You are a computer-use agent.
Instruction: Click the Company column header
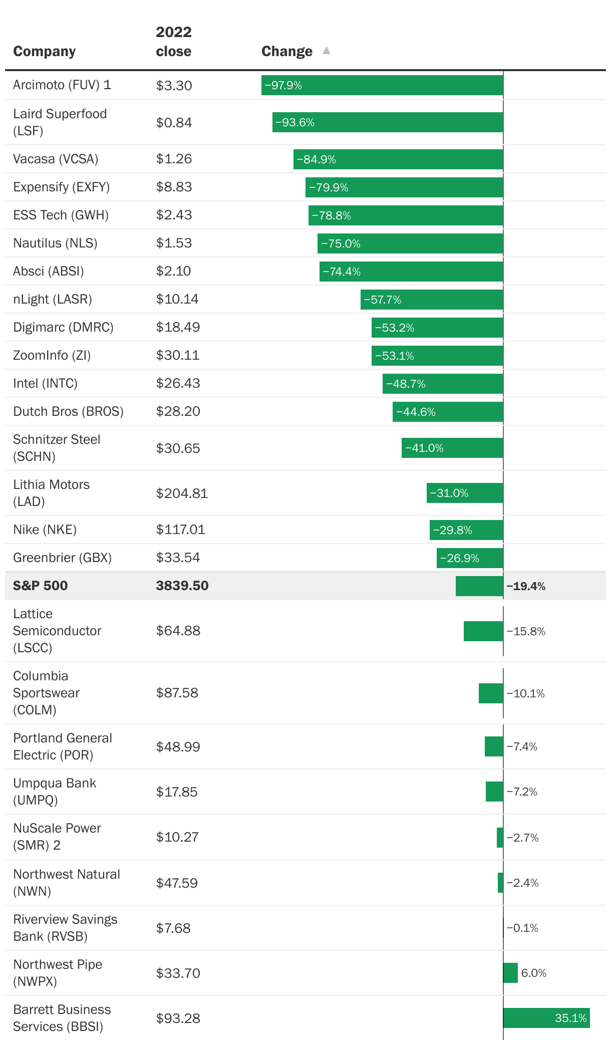click(x=44, y=51)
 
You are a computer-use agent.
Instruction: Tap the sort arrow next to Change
click(x=327, y=50)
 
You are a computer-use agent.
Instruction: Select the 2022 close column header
click(x=173, y=42)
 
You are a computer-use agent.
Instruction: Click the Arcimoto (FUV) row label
click(x=62, y=85)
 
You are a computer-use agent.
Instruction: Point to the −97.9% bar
click(x=382, y=85)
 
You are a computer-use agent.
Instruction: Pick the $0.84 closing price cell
click(x=174, y=122)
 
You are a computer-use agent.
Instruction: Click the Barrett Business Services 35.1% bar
click(x=546, y=1018)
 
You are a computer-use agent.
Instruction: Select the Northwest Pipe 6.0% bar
click(x=510, y=973)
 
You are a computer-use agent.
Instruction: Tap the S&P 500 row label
click(x=40, y=585)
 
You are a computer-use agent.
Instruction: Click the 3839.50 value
click(x=182, y=585)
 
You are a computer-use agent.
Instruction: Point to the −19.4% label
click(x=526, y=586)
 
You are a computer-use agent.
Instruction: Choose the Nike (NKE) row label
click(x=45, y=530)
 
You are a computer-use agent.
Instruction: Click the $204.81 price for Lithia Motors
click(x=182, y=493)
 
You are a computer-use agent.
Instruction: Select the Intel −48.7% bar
click(x=443, y=384)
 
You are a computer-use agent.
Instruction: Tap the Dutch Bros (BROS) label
click(x=68, y=411)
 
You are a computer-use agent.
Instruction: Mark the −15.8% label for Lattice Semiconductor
click(x=526, y=631)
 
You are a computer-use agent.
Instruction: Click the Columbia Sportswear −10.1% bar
click(x=491, y=693)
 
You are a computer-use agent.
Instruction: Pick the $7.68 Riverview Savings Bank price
click(x=173, y=928)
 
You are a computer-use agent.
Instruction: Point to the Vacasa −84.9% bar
click(x=398, y=159)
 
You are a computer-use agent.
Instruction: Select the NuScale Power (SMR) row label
click(x=57, y=837)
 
